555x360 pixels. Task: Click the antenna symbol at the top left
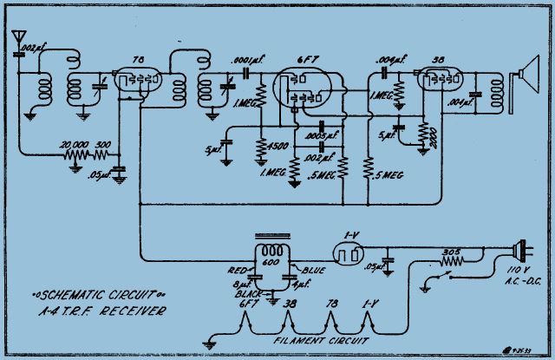coord(16,39)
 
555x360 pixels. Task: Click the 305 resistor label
coord(449,252)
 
